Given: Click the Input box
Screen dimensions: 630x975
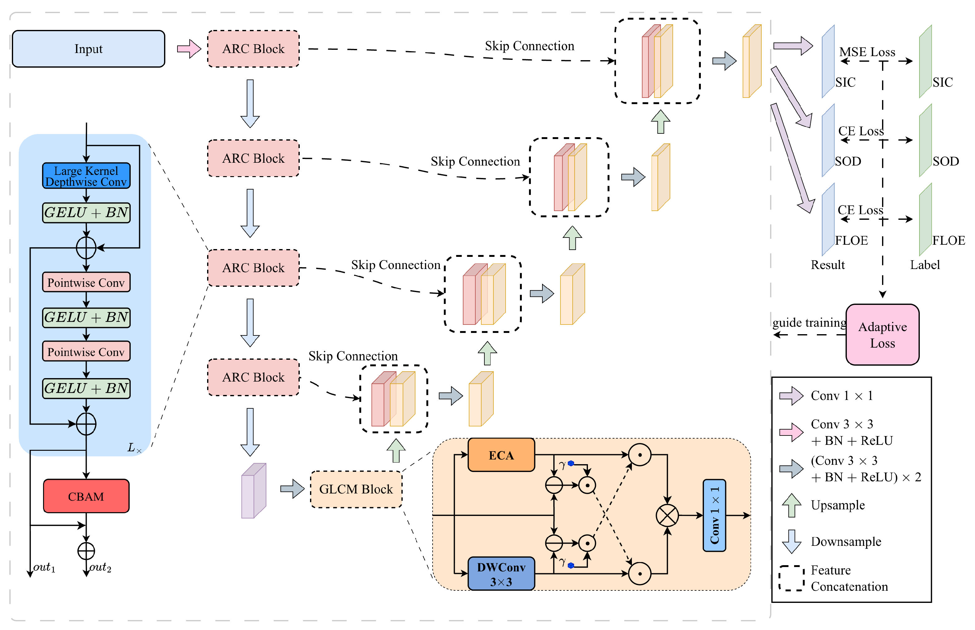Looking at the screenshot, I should point(88,49).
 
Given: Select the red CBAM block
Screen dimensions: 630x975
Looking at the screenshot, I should point(86,496).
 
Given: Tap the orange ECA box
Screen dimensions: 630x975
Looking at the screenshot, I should point(501,455).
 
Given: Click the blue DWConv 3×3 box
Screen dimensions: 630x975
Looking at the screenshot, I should point(501,574).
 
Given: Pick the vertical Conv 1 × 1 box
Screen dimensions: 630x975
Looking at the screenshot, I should point(714,516).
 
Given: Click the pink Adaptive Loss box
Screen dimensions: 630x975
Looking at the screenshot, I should point(882,334).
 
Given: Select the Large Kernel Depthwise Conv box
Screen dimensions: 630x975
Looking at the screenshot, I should point(86,176).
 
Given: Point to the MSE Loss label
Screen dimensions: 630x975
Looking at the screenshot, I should point(867,52).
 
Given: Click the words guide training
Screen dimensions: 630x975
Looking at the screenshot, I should point(809,322).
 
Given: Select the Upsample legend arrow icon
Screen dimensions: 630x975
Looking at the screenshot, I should point(791,505).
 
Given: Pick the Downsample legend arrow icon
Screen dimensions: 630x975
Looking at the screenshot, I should point(791,541).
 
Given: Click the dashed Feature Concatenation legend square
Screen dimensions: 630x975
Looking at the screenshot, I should point(791,578).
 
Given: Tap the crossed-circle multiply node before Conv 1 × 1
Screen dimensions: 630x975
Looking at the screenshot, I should point(667,516).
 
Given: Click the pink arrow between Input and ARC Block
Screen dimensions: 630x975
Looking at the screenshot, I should point(189,49).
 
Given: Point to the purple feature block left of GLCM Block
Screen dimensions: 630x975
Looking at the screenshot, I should point(254,491).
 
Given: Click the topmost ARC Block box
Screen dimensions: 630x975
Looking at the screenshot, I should point(253,49).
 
